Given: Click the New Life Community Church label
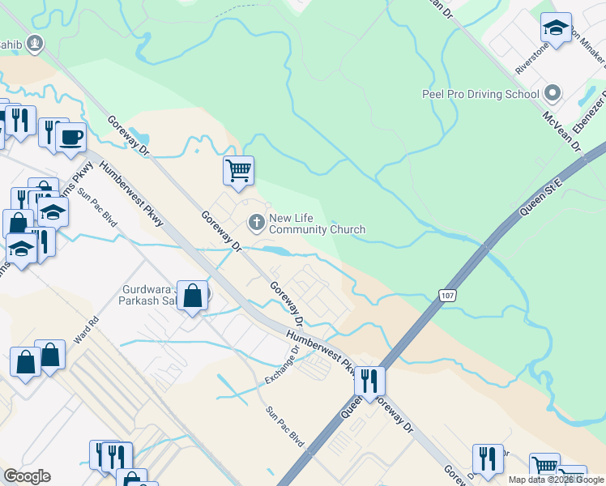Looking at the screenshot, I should [x=317, y=224].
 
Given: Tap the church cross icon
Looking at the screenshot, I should [x=257, y=222].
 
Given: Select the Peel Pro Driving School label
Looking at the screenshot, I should [x=480, y=93].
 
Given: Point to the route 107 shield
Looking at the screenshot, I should [x=448, y=296].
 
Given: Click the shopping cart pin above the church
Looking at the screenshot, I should [x=238, y=171].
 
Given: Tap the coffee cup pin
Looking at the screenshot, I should [x=71, y=136].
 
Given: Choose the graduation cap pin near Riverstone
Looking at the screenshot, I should [x=556, y=28].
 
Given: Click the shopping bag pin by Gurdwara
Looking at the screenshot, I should [x=194, y=296].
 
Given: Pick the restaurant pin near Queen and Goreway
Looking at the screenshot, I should [x=369, y=380].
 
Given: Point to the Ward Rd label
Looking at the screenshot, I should [x=85, y=331].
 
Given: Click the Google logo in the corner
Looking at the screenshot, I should [x=27, y=476].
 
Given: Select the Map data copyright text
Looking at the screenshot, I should [x=557, y=480].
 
